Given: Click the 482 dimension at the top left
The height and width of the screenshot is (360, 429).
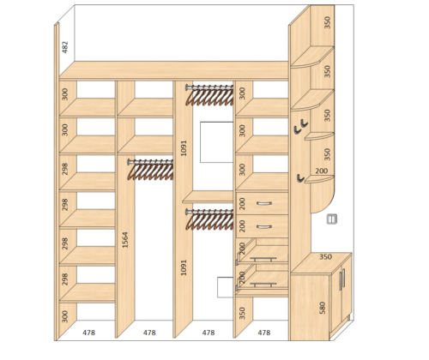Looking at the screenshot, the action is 65,47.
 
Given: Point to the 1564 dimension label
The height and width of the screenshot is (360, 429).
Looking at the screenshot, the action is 125,240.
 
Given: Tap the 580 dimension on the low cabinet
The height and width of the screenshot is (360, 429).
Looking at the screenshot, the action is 323,308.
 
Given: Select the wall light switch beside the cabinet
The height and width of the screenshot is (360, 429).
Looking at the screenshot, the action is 332,219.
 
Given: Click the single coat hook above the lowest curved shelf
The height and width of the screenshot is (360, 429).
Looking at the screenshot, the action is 300,178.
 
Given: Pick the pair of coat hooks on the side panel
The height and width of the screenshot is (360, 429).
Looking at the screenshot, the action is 300,126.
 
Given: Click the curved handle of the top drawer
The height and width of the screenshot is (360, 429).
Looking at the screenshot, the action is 263,203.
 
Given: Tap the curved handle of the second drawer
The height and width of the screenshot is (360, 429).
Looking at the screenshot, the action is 263,227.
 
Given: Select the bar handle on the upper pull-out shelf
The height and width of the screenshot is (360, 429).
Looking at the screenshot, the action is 263,259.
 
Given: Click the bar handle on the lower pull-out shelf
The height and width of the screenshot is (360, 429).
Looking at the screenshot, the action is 263,284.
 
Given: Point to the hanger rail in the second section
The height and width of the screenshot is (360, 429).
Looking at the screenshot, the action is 150,162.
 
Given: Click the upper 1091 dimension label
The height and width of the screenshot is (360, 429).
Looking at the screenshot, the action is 184,148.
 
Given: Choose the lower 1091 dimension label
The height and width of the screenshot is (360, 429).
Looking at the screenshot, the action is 184,267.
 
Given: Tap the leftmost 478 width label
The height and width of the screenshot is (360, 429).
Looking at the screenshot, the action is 89,333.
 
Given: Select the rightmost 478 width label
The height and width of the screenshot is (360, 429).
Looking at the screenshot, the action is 264,333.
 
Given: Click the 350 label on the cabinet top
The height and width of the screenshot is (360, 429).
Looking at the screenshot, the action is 325,257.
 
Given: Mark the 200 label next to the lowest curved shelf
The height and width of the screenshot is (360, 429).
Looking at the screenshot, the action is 322,171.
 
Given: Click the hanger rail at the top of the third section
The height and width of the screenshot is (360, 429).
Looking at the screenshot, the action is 209,87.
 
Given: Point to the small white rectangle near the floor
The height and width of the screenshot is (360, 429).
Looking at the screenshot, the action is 225,287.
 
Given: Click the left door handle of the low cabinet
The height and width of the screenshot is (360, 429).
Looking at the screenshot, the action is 341,279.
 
